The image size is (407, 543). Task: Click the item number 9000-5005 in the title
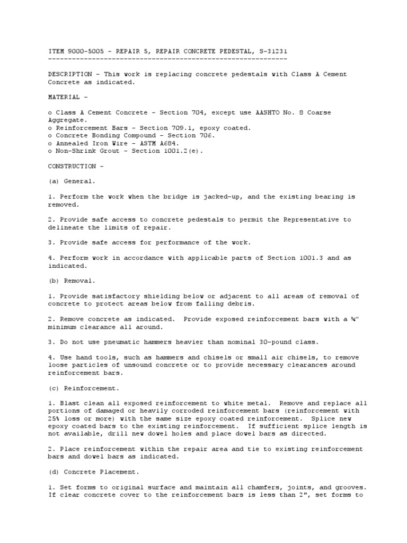click(84, 51)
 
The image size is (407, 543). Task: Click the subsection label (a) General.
click(72, 181)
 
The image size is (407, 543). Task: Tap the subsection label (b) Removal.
click(72, 281)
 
